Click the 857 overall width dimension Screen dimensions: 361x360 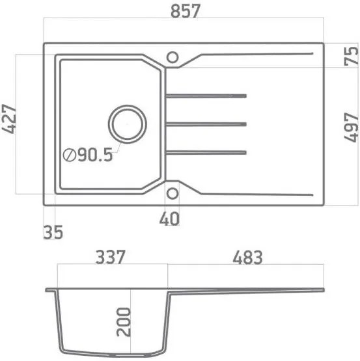click(x=184, y=12)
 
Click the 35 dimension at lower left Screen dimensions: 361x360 click(x=54, y=232)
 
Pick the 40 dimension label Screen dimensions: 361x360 click(x=170, y=219)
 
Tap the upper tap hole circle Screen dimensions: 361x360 click(x=173, y=57)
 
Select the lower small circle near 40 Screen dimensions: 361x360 click(x=173, y=193)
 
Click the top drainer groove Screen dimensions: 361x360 click(x=206, y=96)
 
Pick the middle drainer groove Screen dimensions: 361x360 click(x=206, y=124)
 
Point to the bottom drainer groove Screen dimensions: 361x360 click(x=206, y=153)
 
